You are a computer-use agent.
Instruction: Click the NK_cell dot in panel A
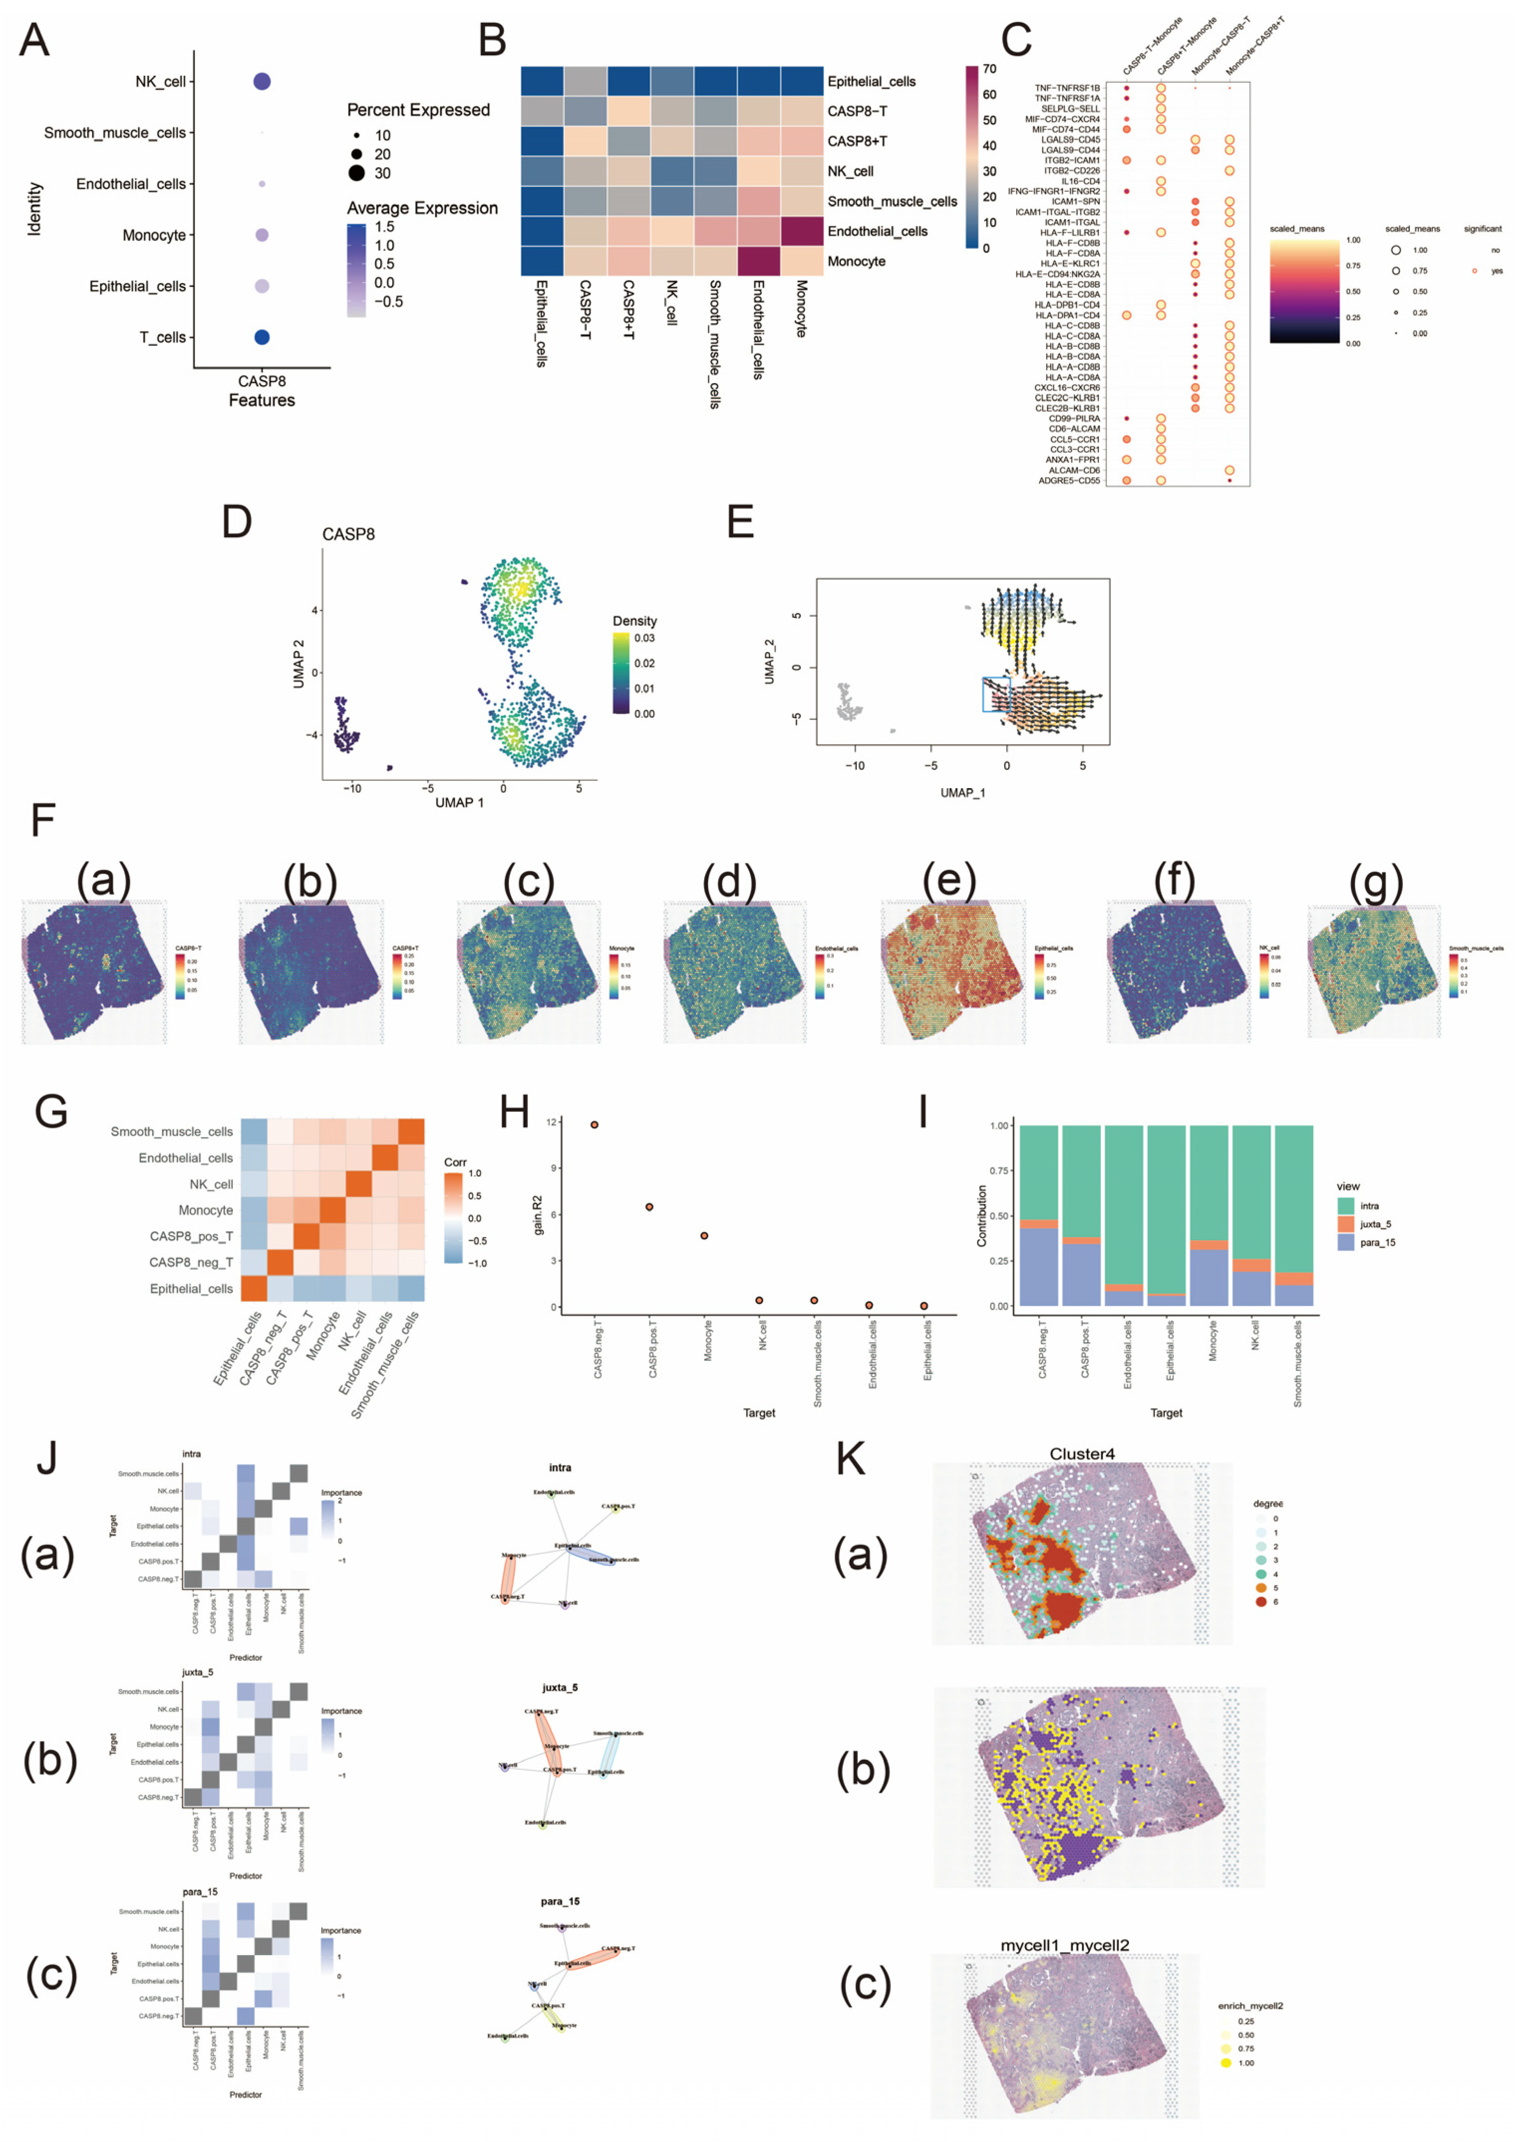pyautogui.click(x=262, y=82)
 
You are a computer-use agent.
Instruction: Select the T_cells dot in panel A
pyautogui.click(x=262, y=337)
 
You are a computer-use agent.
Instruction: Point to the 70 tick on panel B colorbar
pyautogui.click(x=989, y=69)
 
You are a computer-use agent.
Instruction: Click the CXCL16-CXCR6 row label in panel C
pyautogui.click(x=1067, y=388)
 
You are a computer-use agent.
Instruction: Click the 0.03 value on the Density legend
pyautogui.click(x=644, y=639)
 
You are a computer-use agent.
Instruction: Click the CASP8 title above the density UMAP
pyautogui.click(x=348, y=534)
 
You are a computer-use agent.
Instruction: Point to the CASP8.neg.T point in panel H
pyautogui.click(x=594, y=1125)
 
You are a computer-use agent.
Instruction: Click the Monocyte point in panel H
pyautogui.click(x=704, y=1235)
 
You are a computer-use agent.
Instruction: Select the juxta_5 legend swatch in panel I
pyautogui.click(x=1346, y=1223)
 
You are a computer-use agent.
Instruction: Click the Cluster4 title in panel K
pyautogui.click(x=1082, y=1454)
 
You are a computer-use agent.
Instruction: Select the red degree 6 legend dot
pyautogui.click(x=1261, y=1601)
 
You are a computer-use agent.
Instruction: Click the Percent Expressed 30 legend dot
pyautogui.click(x=357, y=173)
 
